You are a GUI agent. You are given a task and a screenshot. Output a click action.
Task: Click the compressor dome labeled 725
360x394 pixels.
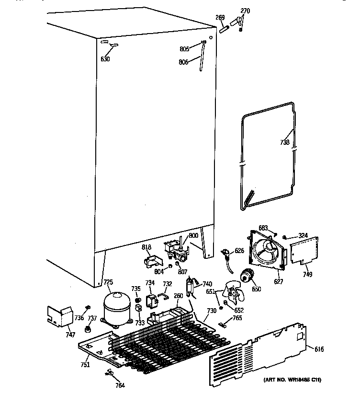tap(116, 307)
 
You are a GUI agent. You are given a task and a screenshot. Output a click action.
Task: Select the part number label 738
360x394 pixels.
tap(285, 142)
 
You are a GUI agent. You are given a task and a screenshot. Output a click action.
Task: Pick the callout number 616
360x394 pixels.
tap(319, 350)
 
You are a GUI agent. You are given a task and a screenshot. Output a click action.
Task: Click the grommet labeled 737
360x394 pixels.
tap(88, 329)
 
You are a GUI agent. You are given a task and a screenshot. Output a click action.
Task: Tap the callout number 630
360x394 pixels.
tap(105, 59)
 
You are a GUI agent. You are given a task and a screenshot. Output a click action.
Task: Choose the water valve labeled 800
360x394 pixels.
tap(175, 250)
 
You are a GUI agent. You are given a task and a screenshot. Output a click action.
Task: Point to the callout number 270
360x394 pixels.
tap(245, 11)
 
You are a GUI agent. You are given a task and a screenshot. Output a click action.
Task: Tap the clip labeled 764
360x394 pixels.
tap(109, 373)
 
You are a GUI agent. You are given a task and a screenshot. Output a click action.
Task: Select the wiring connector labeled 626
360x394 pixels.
tap(225, 254)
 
